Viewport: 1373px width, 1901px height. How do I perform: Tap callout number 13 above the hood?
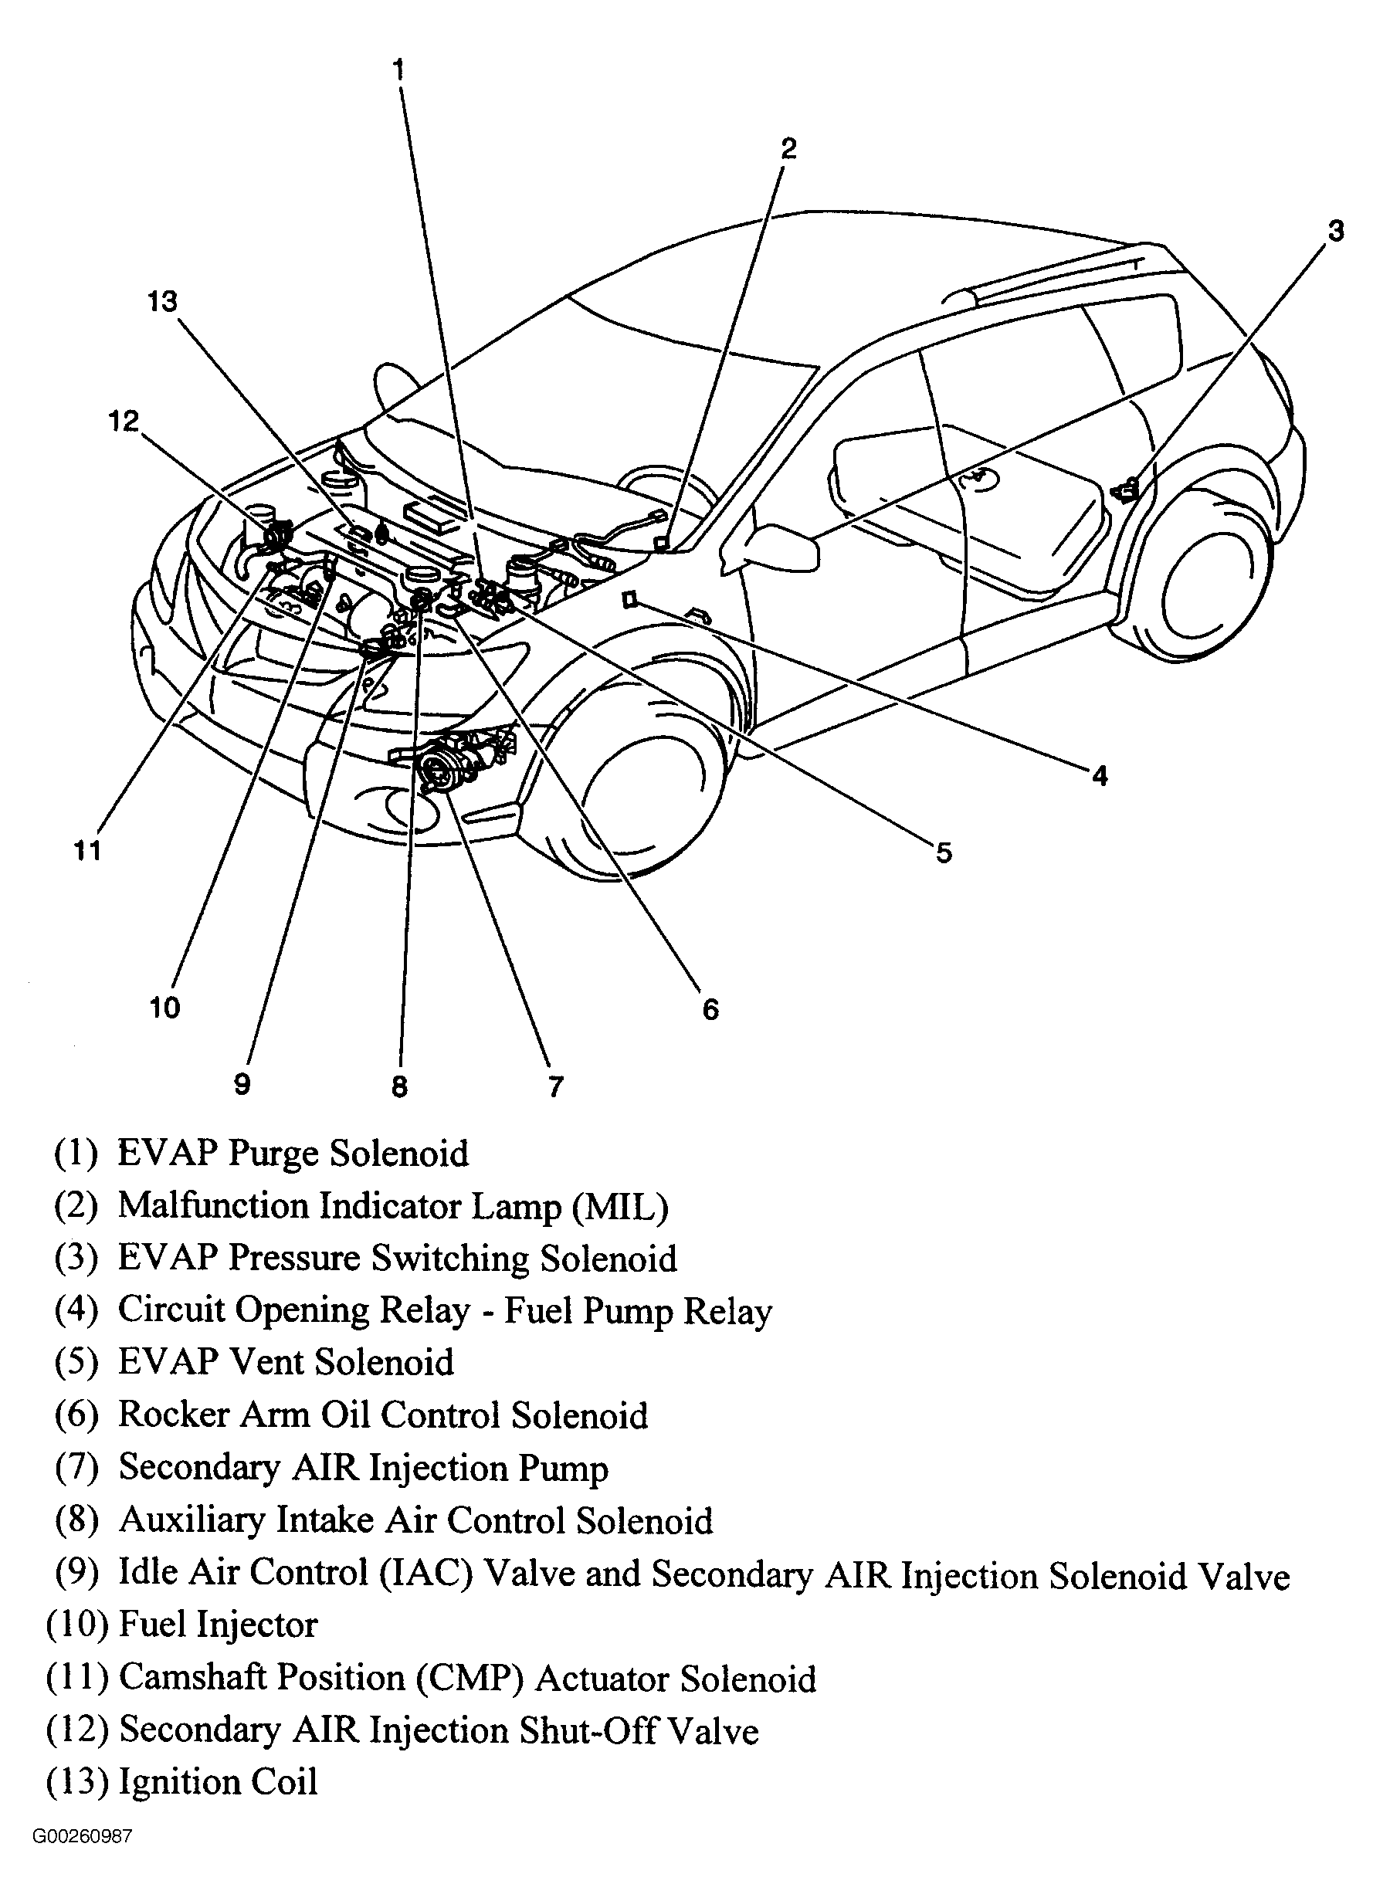coord(163,302)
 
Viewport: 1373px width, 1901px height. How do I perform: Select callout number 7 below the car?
coord(556,1087)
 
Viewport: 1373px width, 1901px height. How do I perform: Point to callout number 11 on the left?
coord(87,852)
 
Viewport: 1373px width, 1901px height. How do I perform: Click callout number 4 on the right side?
coord(1100,776)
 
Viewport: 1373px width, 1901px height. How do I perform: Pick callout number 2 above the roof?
coord(788,149)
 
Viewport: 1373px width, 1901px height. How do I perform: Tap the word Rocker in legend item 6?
coord(174,1415)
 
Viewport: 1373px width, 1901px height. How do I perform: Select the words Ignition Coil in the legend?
coord(219,1782)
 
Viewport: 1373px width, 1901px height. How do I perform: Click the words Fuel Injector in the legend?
coord(219,1625)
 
